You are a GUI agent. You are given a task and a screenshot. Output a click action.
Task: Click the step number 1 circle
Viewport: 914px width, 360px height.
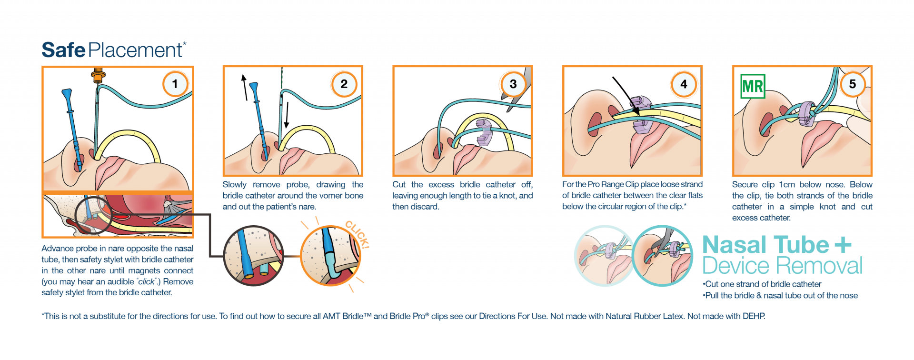pos(175,84)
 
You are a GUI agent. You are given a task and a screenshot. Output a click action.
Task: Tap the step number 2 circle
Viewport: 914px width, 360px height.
pos(344,84)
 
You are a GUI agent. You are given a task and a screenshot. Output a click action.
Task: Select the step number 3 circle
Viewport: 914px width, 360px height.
pos(513,84)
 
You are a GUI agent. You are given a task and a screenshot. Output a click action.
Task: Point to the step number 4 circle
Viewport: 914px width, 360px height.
pos(684,84)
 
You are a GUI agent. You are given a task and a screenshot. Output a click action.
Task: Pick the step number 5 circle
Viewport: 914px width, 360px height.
pos(852,84)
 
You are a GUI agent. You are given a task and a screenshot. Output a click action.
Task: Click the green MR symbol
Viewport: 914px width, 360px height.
pos(753,86)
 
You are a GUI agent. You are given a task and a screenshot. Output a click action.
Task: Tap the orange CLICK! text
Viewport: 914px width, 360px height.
pos(358,234)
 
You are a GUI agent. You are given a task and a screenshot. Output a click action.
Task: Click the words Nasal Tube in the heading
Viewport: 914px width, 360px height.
pos(765,245)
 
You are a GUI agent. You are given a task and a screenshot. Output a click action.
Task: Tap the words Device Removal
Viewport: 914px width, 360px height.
pos(782,266)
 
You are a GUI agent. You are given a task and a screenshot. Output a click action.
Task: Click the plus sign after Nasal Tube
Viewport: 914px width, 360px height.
pos(843,245)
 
